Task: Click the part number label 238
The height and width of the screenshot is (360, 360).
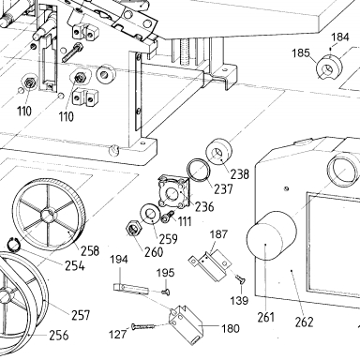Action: point(240,173)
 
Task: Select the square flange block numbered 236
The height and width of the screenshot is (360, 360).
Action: point(173,192)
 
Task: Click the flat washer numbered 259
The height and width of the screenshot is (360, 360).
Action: point(151,214)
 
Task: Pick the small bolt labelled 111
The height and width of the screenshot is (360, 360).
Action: point(167,217)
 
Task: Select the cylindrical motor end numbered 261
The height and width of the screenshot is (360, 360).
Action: point(271,235)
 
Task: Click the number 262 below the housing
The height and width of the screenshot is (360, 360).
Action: point(304,322)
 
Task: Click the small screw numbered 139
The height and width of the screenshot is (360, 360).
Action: point(240,279)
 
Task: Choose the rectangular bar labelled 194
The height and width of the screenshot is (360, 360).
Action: point(130,289)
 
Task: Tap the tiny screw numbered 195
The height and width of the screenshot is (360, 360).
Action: point(166,292)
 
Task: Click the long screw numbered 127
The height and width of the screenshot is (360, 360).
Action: point(143,326)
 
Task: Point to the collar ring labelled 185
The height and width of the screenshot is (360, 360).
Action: point(329,67)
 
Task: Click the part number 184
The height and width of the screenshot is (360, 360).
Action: point(339,37)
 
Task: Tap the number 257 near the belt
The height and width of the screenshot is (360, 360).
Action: point(81,315)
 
